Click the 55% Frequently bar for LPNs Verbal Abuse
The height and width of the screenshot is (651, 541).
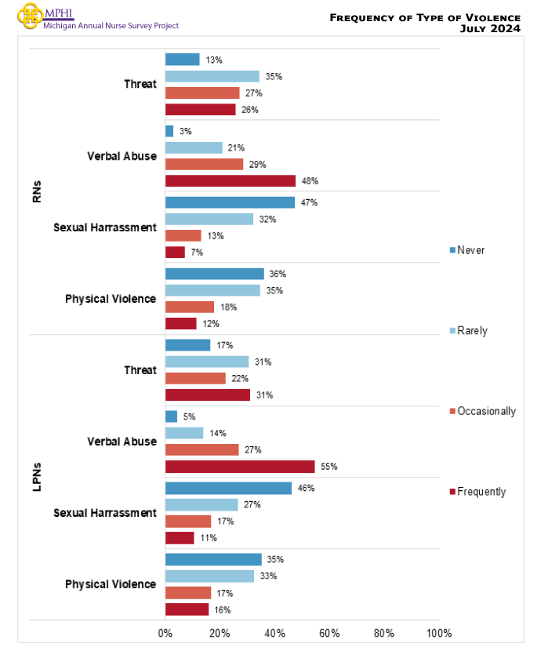point(240,467)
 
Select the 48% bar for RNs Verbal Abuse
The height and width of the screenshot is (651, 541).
point(231,181)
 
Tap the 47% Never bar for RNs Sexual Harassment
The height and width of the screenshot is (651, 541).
point(230,202)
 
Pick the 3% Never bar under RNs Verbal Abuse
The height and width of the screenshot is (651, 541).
point(169,131)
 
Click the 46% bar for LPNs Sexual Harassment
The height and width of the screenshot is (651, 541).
point(228,488)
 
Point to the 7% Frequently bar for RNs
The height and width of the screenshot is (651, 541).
point(175,253)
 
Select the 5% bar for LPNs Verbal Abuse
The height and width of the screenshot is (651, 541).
point(171,416)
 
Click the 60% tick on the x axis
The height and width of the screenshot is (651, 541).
point(329,634)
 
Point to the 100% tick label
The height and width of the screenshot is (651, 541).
point(439,634)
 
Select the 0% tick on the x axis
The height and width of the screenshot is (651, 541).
point(165,634)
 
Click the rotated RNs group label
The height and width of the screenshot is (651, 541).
point(38,192)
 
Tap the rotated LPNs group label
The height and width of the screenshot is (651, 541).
point(38,478)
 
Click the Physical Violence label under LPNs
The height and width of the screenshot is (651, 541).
point(111,584)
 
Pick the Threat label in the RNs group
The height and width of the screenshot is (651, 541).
point(140,85)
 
